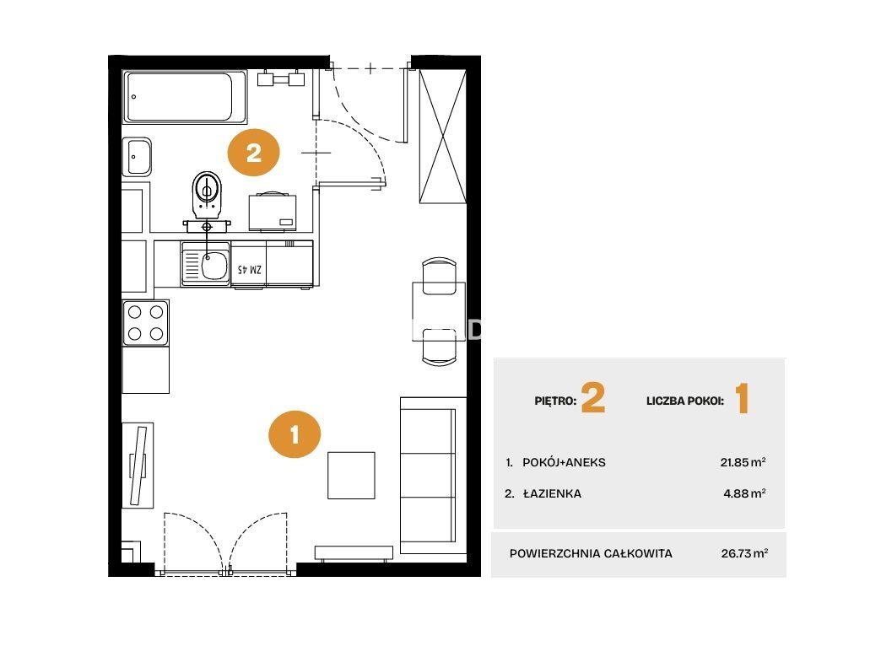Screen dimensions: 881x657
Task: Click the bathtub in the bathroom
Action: click(x=185, y=97)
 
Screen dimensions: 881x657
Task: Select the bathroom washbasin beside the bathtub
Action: click(x=137, y=157)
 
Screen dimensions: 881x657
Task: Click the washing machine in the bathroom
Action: click(x=273, y=212)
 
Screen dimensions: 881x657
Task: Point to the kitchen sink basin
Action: click(x=214, y=265)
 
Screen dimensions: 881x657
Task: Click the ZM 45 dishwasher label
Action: click(x=250, y=270)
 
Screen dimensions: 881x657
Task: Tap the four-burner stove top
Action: click(x=145, y=323)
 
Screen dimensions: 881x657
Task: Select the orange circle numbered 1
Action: click(x=295, y=434)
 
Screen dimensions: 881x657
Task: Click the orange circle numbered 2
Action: click(x=253, y=153)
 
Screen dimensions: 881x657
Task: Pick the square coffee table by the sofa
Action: click(x=351, y=475)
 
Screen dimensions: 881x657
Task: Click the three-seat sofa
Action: click(x=433, y=475)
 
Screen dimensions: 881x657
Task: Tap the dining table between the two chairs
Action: click(x=439, y=312)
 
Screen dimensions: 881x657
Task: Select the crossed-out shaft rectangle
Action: click(x=443, y=136)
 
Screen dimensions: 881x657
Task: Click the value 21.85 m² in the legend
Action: click(x=743, y=462)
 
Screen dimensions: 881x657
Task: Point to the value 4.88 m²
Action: click(x=744, y=493)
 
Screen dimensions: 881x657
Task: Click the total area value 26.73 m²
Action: click(x=744, y=553)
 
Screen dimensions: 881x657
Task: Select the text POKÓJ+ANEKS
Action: click(x=564, y=462)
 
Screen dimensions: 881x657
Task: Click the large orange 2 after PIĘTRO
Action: click(x=593, y=397)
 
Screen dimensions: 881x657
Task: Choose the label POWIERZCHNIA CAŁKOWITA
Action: click(x=591, y=553)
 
